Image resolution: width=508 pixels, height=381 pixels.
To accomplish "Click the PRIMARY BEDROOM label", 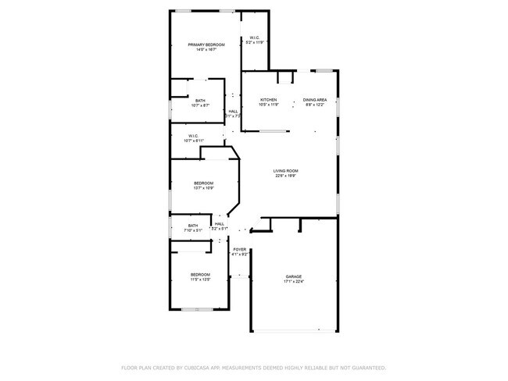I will point(206,45).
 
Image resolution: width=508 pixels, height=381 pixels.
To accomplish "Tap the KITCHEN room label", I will point(269,100).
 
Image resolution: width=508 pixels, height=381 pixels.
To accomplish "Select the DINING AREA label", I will point(315,100).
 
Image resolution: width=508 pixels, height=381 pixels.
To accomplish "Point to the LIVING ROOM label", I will point(286,171).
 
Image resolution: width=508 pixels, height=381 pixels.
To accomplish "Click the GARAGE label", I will point(294,276).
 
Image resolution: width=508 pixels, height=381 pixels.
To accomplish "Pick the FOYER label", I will point(240,250).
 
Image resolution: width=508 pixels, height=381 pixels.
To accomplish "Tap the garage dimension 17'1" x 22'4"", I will point(294,282).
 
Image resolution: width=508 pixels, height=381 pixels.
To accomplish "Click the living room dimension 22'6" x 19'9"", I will point(286,176).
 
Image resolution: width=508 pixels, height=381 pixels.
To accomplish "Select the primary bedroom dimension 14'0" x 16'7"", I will point(206,51).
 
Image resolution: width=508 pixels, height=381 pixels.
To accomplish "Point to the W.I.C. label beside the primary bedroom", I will point(256,37).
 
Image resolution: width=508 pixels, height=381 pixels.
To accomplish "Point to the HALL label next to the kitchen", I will point(233,112).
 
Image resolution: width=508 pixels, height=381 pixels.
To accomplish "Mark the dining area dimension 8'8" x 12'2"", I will point(315,105).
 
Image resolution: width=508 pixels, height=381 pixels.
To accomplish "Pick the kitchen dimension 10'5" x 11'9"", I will point(269,105).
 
